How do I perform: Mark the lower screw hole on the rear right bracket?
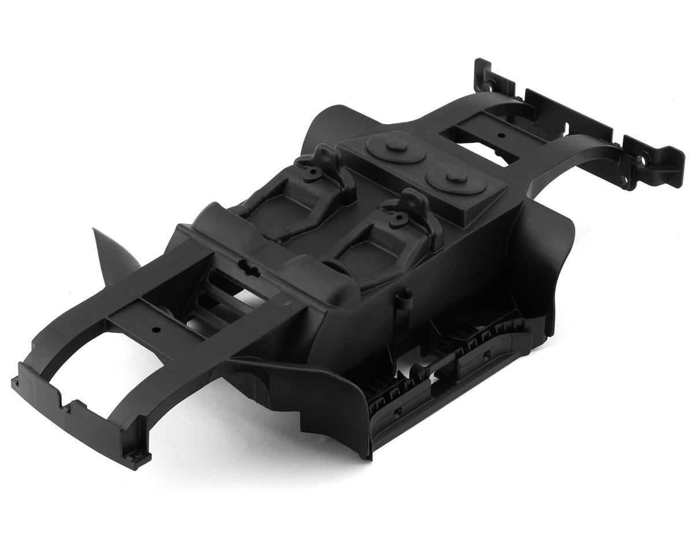click(x=623, y=182)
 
